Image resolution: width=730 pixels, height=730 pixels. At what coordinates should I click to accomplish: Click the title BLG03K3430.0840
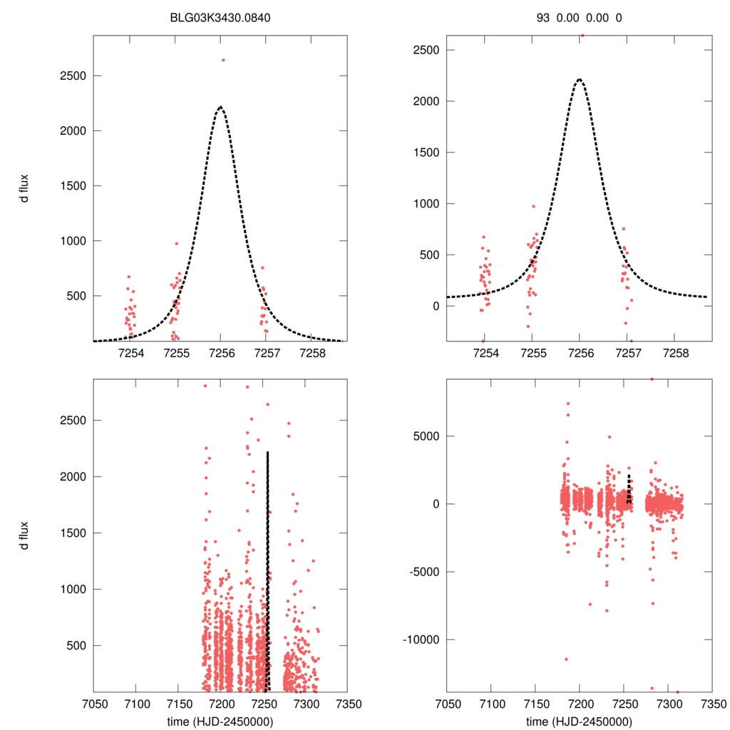click(220, 18)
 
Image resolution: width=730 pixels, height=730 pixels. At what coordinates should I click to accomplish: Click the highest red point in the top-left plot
click(223, 60)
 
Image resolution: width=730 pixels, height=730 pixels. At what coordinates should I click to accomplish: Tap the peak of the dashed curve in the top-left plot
click(220, 107)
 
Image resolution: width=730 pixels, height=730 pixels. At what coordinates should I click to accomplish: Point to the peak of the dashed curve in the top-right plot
click(580, 79)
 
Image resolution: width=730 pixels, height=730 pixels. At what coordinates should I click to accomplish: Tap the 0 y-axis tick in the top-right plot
click(430, 307)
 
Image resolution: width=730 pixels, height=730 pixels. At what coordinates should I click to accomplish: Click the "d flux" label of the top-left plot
click(25, 187)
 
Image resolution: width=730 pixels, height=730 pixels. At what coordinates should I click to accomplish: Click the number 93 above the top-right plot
click(543, 18)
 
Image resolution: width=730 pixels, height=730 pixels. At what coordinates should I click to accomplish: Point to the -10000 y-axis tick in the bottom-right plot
click(421, 639)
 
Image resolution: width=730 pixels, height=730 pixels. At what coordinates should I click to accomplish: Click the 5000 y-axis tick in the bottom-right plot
click(425, 436)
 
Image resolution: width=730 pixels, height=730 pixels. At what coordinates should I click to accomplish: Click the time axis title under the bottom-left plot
click(220, 721)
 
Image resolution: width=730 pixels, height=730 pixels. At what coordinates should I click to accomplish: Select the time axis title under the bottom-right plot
click(580, 721)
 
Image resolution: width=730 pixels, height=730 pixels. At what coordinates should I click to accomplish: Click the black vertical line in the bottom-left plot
click(267, 570)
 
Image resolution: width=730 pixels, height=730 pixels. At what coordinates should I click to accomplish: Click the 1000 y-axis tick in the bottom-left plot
click(74, 590)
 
